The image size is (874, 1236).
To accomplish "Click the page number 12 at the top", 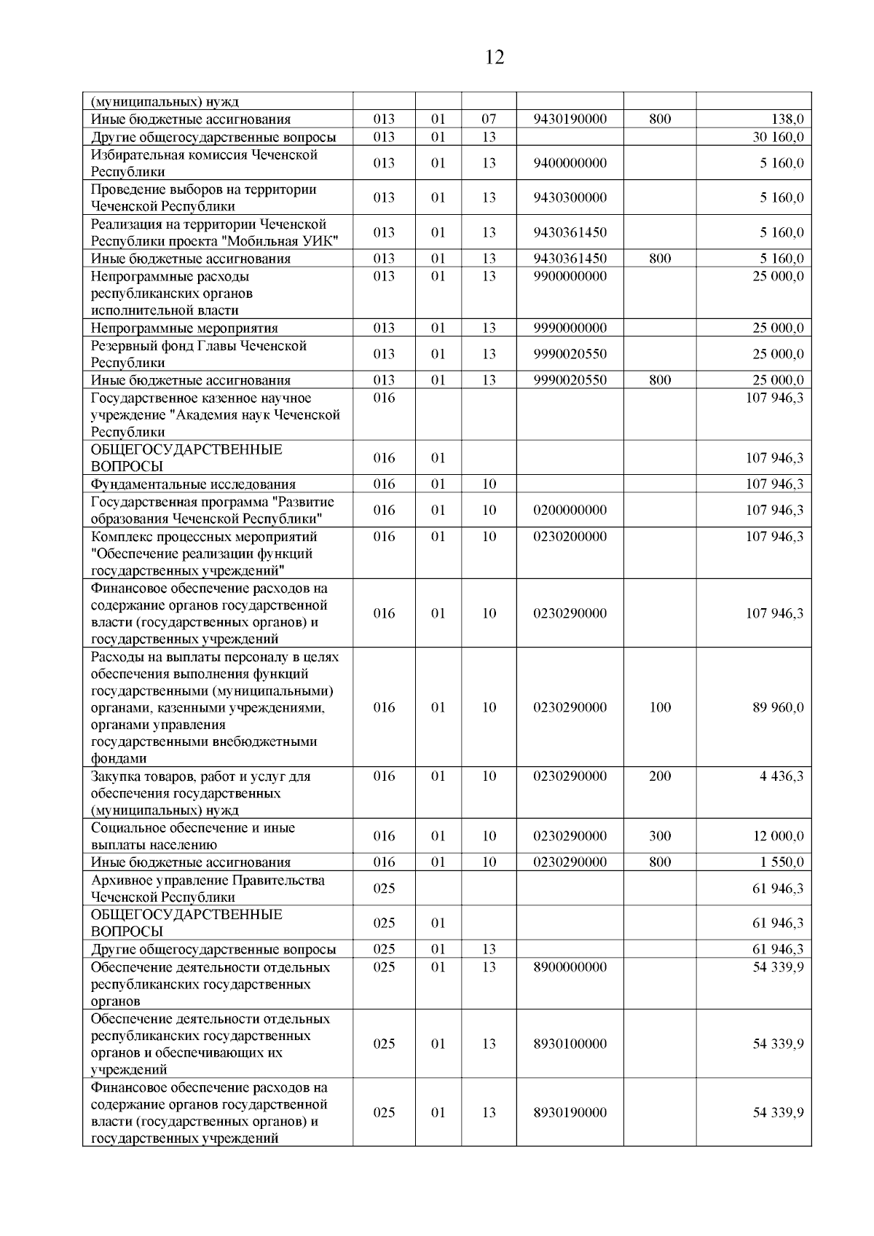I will [x=494, y=58].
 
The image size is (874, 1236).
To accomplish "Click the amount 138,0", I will [x=787, y=119].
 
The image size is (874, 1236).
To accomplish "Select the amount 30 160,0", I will [x=778, y=137].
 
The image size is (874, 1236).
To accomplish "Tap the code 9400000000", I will [x=570, y=163].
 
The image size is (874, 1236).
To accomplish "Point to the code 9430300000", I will [x=570, y=198].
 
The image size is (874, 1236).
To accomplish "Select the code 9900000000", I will [x=570, y=277].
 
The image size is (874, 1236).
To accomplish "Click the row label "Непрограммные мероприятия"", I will [x=184, y=328].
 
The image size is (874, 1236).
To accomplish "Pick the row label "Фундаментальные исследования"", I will [x=193, y=484].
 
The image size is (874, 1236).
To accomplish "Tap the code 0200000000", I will [x=570, y=511].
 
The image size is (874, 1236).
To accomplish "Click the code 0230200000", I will [x=570, y=537].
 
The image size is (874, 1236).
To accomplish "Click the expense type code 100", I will [x=660, y=708].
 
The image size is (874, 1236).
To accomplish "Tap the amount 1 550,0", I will [x=782, y=862].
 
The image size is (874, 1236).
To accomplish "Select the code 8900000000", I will [x=570, y=967].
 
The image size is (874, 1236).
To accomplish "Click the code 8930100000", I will [x=570, y=1044].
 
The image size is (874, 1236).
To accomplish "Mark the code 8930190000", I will [x=570, y=1113].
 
